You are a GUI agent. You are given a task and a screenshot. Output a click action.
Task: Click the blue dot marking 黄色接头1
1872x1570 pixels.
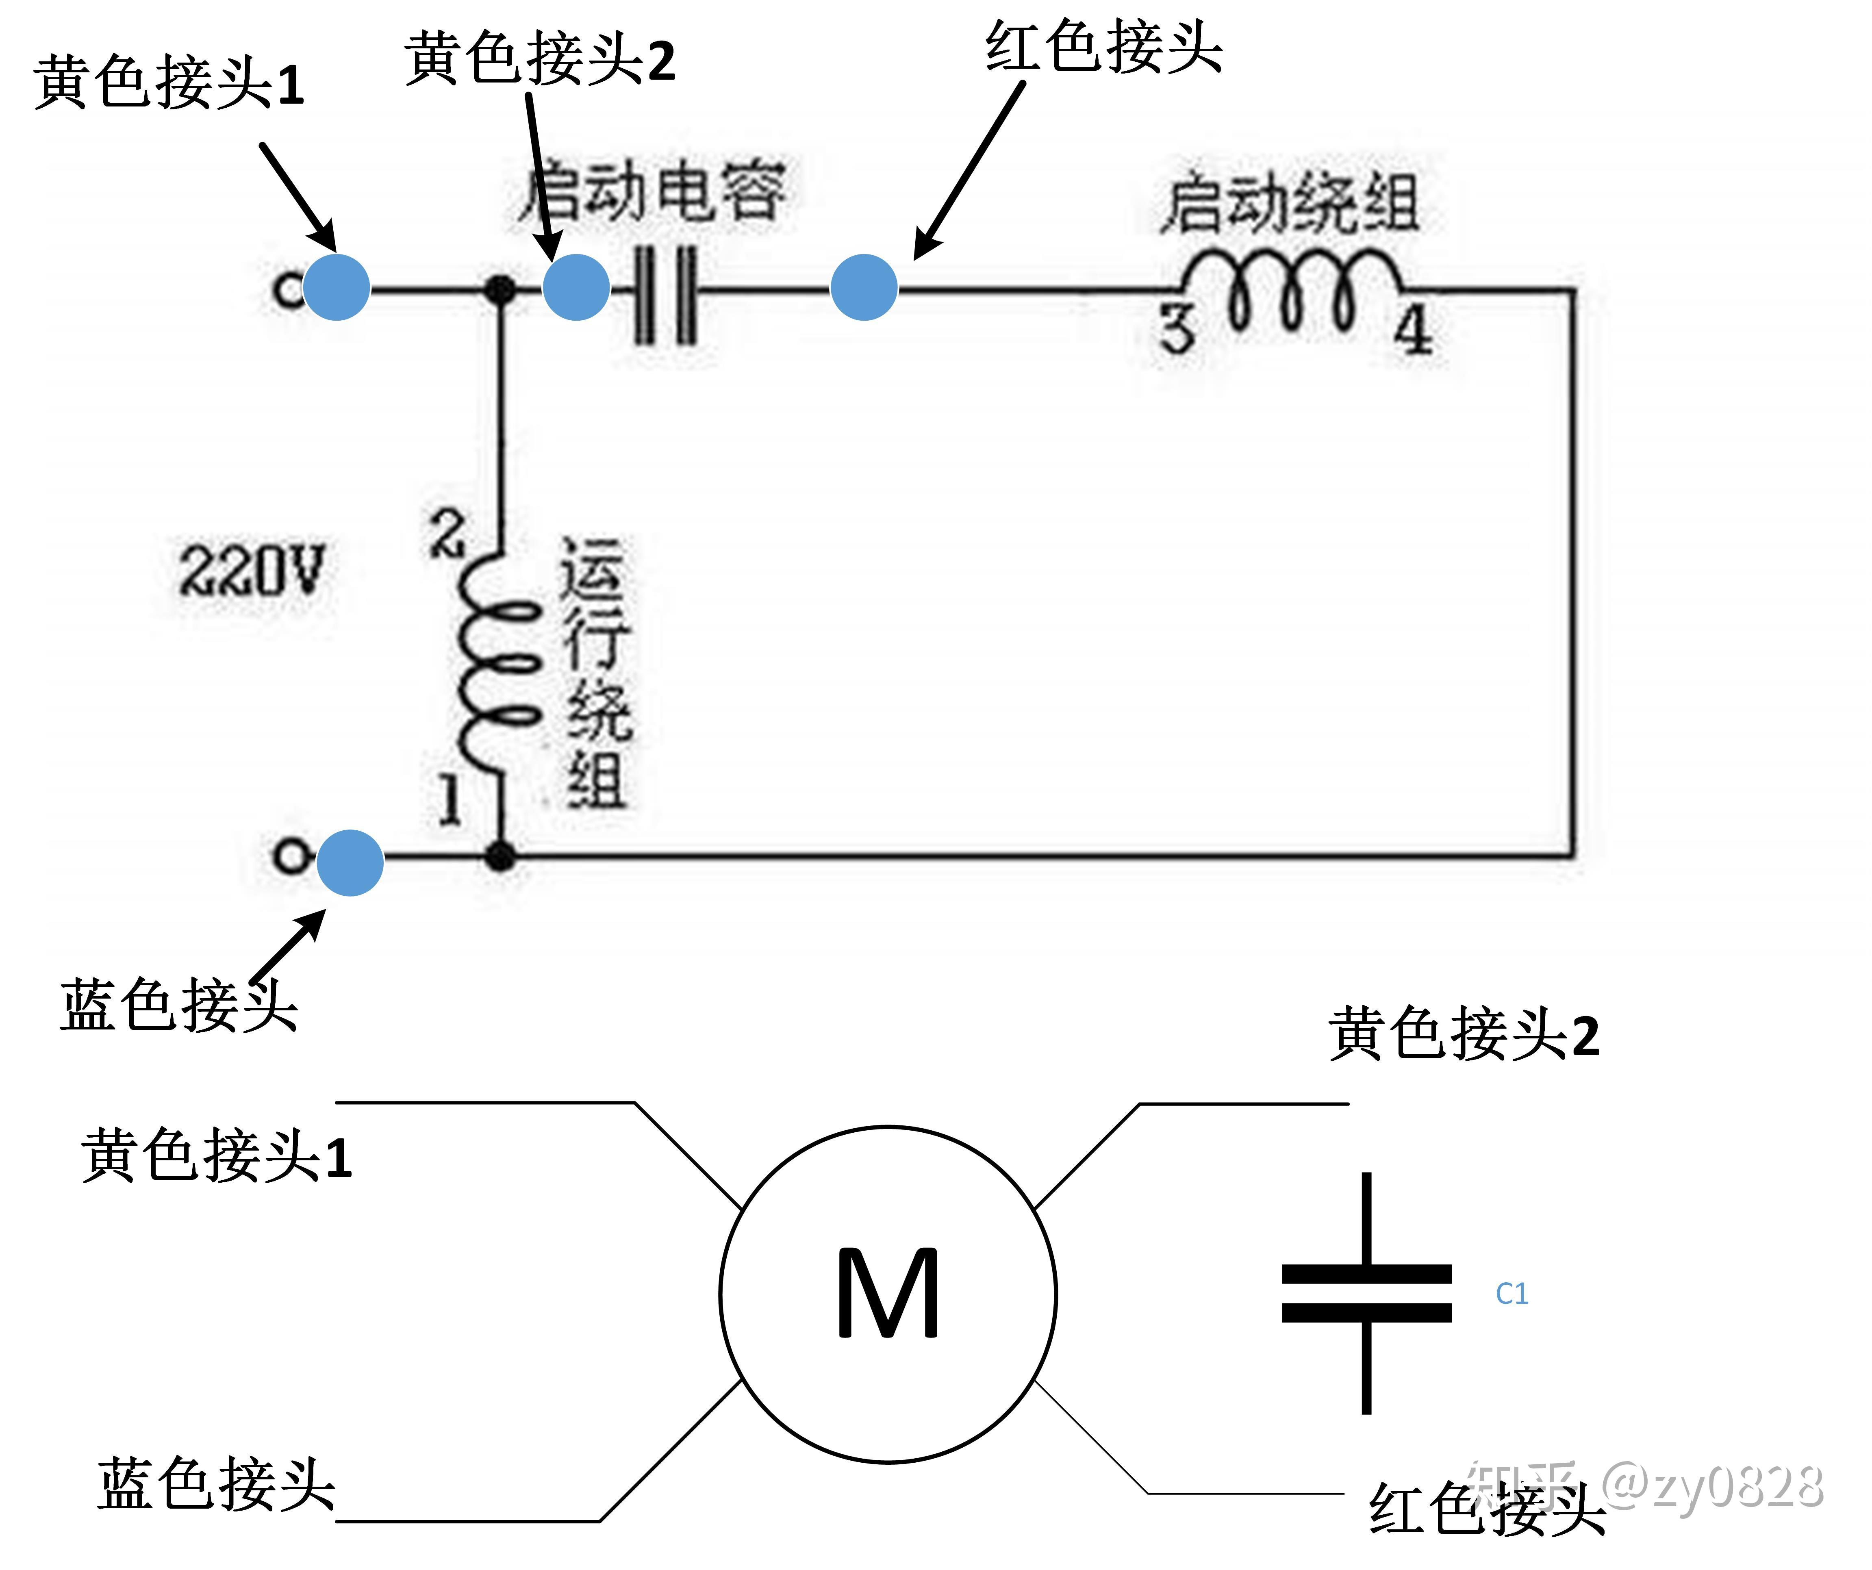[x=336, y=287]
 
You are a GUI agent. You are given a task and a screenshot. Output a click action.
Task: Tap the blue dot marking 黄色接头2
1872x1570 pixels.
[x=576, y=287]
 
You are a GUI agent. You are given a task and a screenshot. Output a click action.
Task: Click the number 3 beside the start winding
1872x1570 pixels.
[x=1177, y=330]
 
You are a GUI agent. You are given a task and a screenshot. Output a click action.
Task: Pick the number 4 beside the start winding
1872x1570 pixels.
[x=1413, y=332]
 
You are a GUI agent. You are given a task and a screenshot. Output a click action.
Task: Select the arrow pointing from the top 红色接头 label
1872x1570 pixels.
[x=970, y=169]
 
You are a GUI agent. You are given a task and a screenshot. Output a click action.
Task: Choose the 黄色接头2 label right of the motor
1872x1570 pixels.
[x=1464, y=1034]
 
